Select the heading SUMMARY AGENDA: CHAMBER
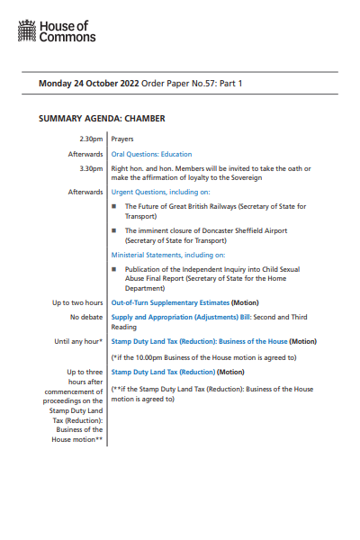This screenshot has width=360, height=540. coord(102,118)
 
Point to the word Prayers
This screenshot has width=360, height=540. coord(122,139)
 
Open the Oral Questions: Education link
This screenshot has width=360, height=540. coord(151,154)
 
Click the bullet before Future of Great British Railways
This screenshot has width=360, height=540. coord(114,206)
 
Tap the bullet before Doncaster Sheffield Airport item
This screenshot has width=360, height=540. coord(114,230)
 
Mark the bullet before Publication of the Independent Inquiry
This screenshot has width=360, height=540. coord(114,269)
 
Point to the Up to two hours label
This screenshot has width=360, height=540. coord(76,303)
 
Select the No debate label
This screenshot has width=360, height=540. coord(85,318)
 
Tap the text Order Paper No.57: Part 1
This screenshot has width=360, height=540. coord(197,84)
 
